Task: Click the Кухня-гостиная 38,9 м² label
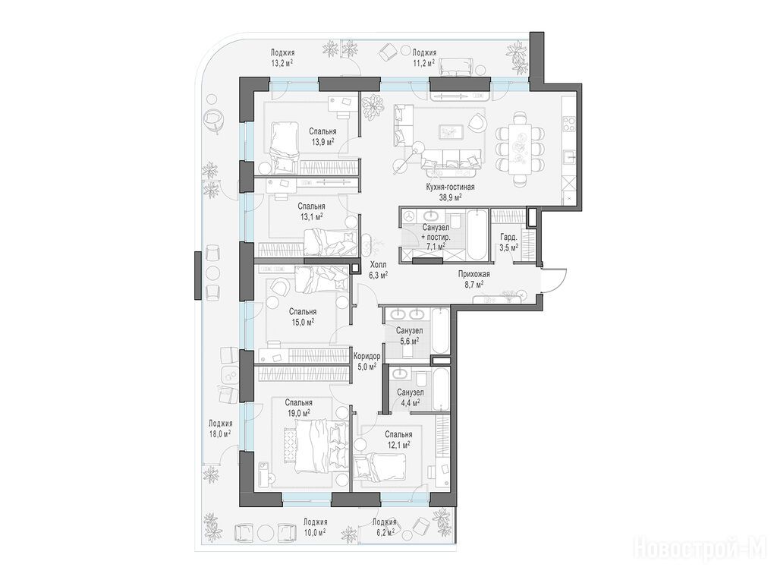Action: pos(450,191)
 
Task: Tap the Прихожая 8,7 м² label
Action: pos(473,279)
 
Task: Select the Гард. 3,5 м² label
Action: pos(508,241)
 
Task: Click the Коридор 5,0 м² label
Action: pos(366,361)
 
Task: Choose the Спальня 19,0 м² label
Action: pos(298,407)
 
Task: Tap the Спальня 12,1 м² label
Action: pos(398,439)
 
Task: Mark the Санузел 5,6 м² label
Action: pos(409,336)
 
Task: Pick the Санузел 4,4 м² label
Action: pos(410,398)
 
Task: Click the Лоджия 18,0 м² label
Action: pos(220,428)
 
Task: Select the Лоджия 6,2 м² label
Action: pos(384,527)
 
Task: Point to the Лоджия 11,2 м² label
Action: pos(424,57)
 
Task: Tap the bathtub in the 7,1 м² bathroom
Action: pos(477,235)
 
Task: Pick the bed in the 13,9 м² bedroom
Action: pos(285,147)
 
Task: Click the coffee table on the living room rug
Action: pos(451,131)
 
